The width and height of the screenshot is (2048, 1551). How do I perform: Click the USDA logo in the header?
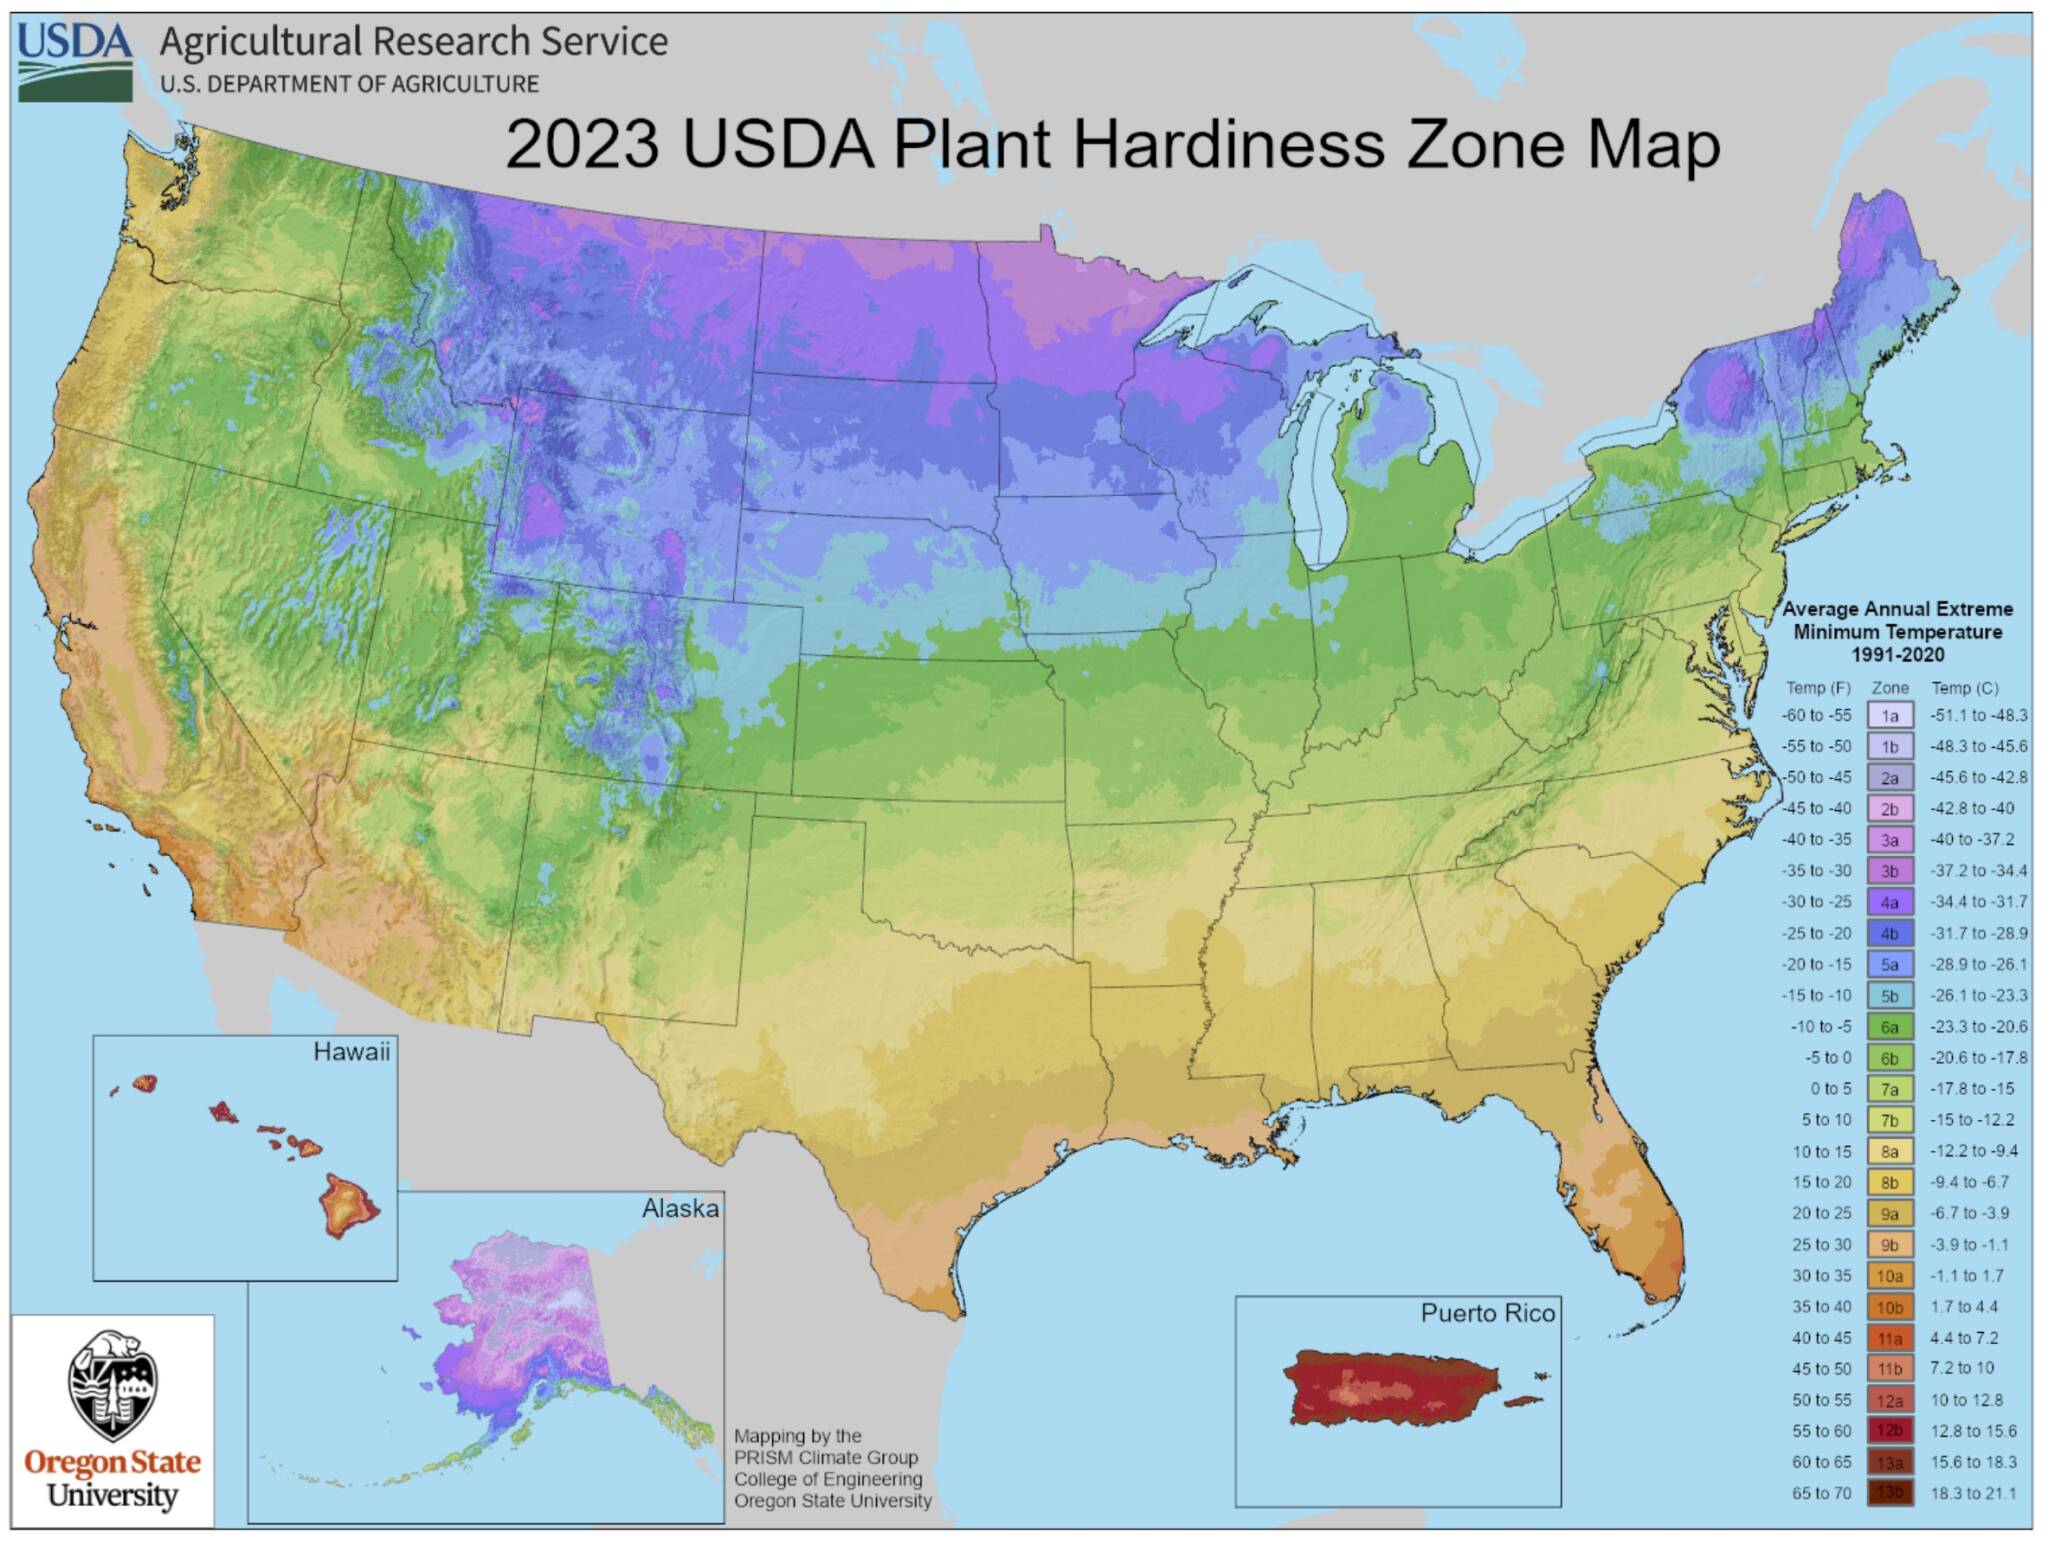75,62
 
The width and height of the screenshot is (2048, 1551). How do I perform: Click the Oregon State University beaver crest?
112,1384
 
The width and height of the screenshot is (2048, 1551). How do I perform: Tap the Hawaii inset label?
351,1052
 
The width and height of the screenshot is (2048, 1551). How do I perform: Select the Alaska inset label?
680,1209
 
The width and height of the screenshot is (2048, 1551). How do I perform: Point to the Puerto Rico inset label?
1487,1313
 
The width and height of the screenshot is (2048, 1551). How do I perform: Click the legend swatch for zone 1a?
1889,716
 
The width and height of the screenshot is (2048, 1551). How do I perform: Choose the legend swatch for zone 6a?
1889,1027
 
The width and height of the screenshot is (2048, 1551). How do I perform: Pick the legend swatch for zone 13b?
1889,1493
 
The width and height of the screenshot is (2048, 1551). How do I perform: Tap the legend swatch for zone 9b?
1889,1245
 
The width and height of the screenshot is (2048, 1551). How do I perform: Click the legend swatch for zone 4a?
1889,902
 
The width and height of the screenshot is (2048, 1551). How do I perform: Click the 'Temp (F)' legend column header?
1818,688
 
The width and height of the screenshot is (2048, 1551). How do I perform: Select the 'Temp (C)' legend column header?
1964,688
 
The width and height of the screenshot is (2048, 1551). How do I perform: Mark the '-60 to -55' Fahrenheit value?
1816,716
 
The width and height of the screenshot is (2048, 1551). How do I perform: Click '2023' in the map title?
582,145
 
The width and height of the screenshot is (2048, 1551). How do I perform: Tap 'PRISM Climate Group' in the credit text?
825,1457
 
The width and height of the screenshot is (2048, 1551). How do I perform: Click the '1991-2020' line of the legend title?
1897,655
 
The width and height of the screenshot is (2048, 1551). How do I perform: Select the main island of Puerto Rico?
1390,1389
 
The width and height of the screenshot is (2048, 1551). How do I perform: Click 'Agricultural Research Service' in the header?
413,42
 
